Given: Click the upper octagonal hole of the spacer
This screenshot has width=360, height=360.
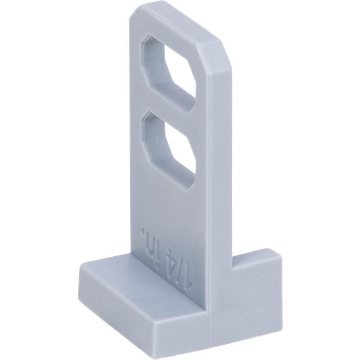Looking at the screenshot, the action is coord(169,74).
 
